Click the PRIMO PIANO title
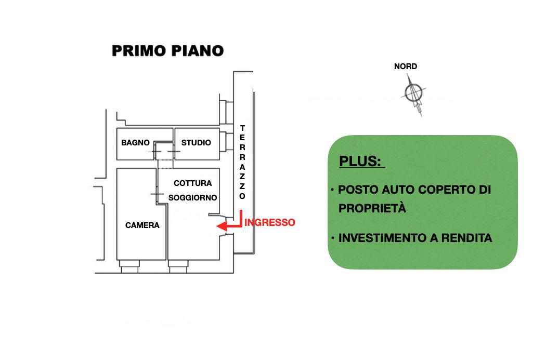pyautogui.click(x=168, y=50)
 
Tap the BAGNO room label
pyautogui.click(x=135, y=143)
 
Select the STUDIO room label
pyautogui.click(x=196, y=143)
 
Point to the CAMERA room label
pyautogui.click(x=142, y=225)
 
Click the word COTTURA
pyautogui.click(x=192, y=183)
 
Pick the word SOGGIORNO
pyautogui.click(x=192, y=198)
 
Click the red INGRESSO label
pyautogui.click(x=270, y=222)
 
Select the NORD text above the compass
pyautogui.click(x=406, y=66)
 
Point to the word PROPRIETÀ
pyautogui.click(x=372, y=208)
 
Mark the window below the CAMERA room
pyautogui.click(x=128, y=266)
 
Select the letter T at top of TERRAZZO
pyautogui.click(x=242, y=128)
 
